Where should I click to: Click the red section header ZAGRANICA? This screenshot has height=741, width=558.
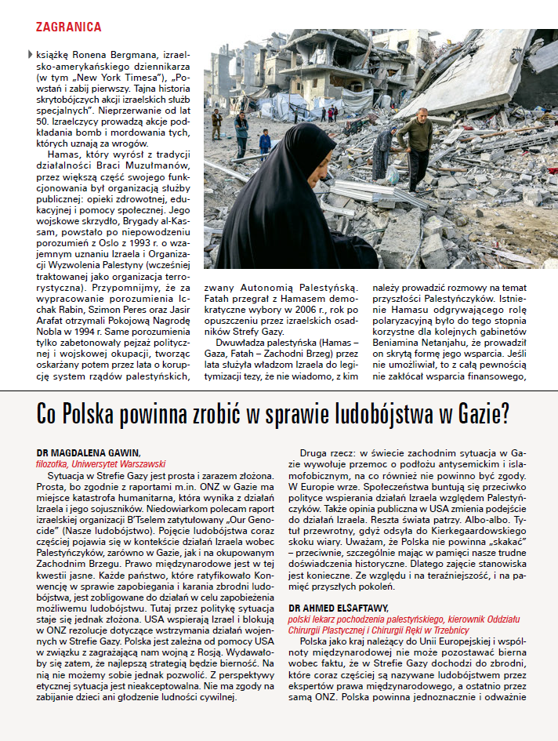[x=68, y=27]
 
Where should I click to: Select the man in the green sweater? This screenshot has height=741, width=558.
[x=416, y=142]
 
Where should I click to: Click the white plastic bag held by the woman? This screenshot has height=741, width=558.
[x=392, y=173]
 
